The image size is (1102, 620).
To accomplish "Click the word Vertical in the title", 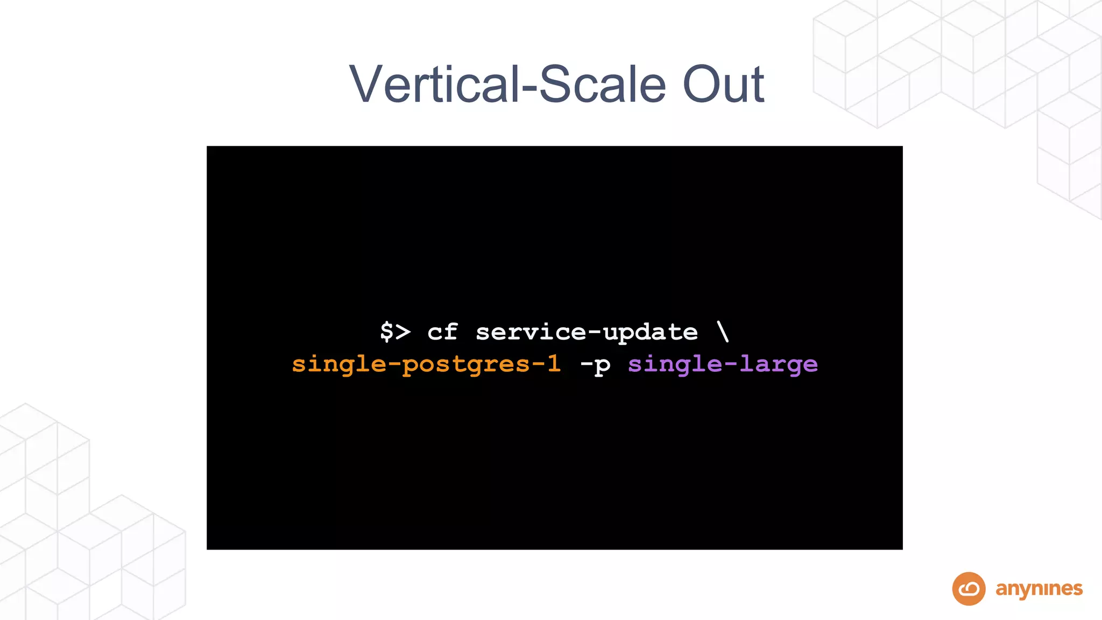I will [434, 84].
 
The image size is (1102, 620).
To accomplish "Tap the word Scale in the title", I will [602, 84].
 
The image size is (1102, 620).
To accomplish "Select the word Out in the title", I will [723, 84].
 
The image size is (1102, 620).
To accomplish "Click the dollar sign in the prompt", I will [386, 332].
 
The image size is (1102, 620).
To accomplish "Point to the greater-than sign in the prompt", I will [403, 332].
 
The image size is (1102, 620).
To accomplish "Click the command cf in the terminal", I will [442, 332].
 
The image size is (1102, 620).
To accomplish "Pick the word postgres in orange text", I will [466, 365].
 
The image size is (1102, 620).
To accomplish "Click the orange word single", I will [338, 365].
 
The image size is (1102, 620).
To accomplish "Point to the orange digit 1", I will [554, 364].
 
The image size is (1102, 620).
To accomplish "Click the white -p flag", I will [595, 365].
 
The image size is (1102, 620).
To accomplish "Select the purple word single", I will [675, 365].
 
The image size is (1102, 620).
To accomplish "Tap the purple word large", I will [778, 365].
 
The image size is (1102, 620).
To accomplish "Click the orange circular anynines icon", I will [969, 589].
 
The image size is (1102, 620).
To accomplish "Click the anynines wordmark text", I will [1039, 589].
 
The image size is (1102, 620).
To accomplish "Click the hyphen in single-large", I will [730, 364].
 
